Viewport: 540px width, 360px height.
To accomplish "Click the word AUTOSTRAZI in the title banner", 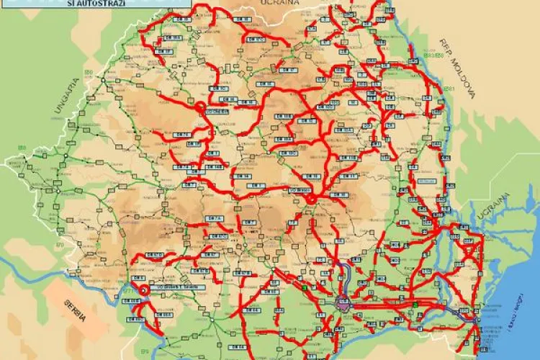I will [107, 4].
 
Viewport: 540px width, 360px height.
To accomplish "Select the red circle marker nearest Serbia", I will [143, 289].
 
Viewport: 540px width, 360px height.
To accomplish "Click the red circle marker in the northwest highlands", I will [199, 107].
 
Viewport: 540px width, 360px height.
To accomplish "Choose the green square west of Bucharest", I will [305, 289].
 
